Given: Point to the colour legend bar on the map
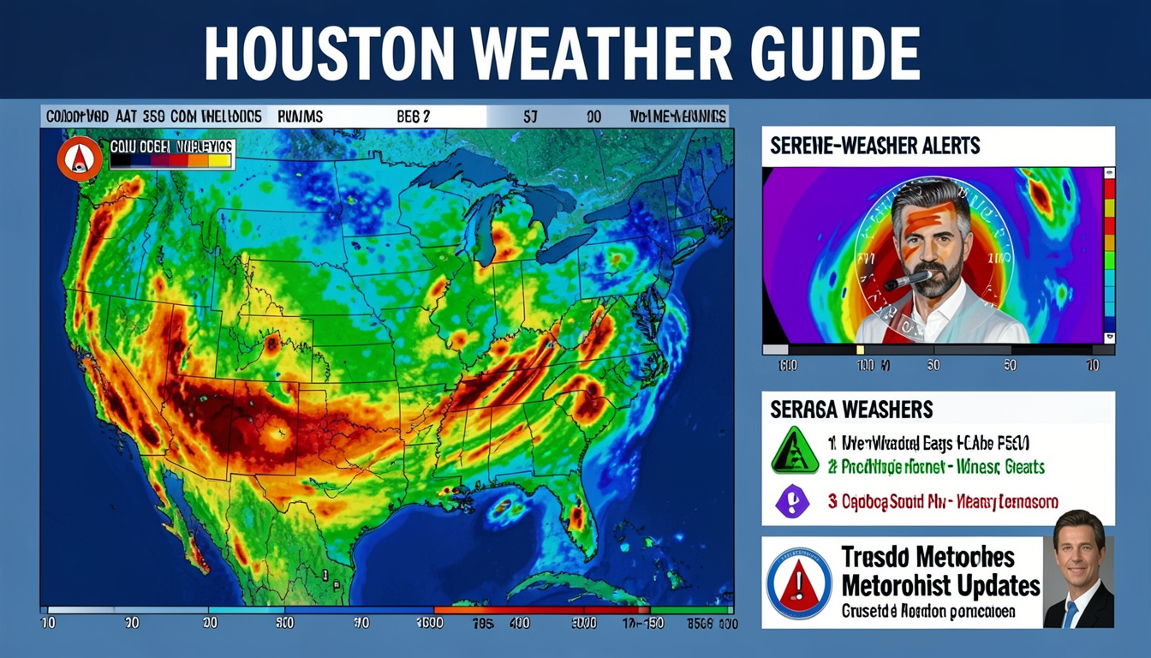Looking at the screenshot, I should [171, 159].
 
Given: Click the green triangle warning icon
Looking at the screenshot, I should [795, 451].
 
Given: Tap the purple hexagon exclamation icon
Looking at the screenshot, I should [792, 500].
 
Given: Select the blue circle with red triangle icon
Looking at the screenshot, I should [798, 583].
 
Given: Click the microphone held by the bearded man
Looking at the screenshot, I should [907, 279].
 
